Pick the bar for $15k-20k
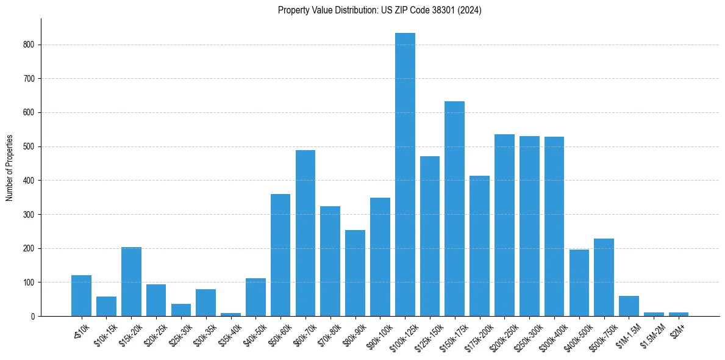[x=131, y=281]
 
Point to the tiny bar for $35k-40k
[x=230, y=314]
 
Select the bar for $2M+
[x=679, y=314]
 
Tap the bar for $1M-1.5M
[x=629, y=306]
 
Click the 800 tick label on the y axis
[x=30, y=45]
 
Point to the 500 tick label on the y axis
[x=30, y=146]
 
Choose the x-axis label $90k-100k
[x=379, y=332]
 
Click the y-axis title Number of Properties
[x=9, y=167]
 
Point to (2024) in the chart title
[x=470, y=10]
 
